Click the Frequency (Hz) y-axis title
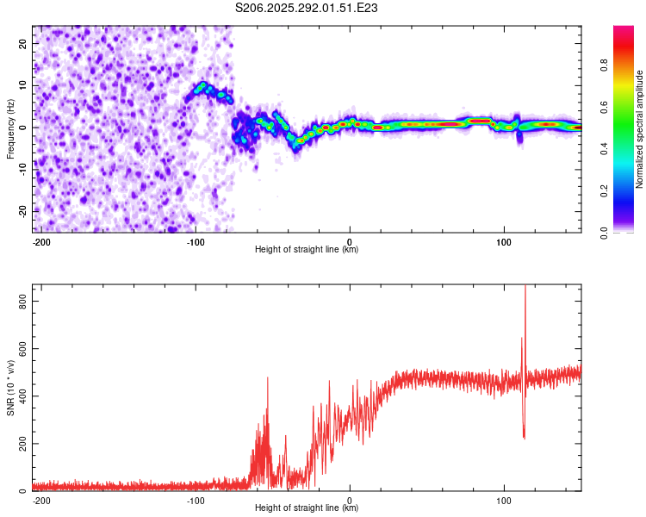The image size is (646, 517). pyautogui.click(x=10, y=129)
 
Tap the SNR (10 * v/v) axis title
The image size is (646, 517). pyautogui.click(x=10, y=389)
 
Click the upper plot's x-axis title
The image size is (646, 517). pyautogui.click(x=307, y=249)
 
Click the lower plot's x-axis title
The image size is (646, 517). pyautogui.click(x=307, y=508)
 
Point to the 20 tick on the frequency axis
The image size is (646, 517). pyautogui.click(x=22, y=43)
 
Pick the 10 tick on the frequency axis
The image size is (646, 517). pyautogui.click(x=22, y=85)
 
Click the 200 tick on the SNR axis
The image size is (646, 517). pyautogui.click(x=19, y=444)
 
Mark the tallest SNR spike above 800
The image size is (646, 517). pyautogui.click(x=525, y=288)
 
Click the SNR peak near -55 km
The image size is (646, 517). pyautogui.click(x=267, y=378)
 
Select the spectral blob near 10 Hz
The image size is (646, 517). pyautogui.click(x=203, y=87)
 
